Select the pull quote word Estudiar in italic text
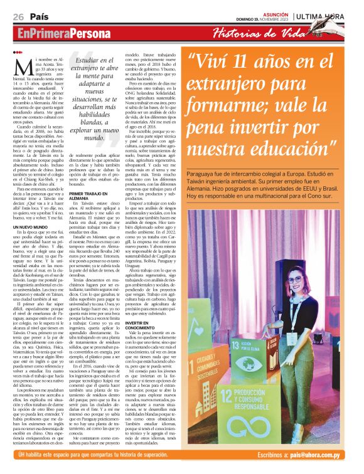pos(98,60)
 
